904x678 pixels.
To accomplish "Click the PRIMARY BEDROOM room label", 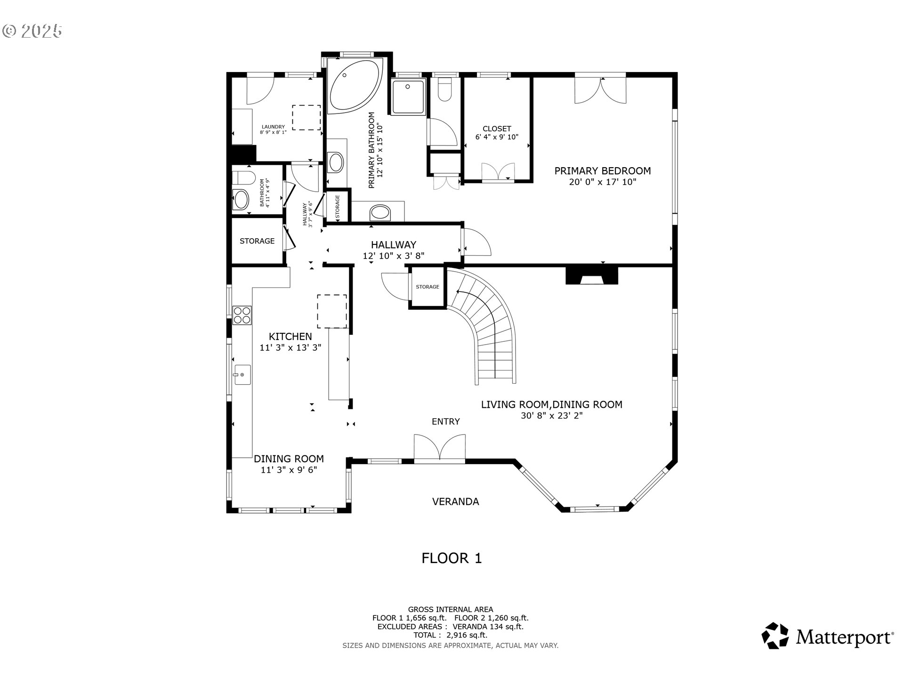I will click(602, 171).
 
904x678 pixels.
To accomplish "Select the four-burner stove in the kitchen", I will click(242, 315).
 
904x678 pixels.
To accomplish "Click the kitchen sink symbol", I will click(242, 375).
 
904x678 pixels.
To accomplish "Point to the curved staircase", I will click(490, 330).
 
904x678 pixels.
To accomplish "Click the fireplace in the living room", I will click(591, 276).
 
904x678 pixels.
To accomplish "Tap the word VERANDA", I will click(455, 502).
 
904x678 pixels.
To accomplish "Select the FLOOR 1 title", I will click(452, 558).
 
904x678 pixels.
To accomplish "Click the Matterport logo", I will click(827, 636).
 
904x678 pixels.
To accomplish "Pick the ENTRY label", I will click(445, 422).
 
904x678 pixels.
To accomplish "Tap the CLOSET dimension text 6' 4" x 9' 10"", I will click(497, 137).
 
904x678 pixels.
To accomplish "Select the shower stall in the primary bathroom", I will click(408, 97).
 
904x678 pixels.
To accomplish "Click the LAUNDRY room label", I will click(273, 127).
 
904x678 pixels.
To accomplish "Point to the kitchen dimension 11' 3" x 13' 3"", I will click(290, 348).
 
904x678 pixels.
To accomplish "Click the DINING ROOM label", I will click(289, 459).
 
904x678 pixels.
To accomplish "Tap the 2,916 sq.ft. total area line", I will click(450, 635).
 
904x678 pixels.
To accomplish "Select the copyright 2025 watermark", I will click(32, 31).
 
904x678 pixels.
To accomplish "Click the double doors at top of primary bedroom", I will click(600, 90).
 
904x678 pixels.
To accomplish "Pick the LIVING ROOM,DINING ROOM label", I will click(551, 404).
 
